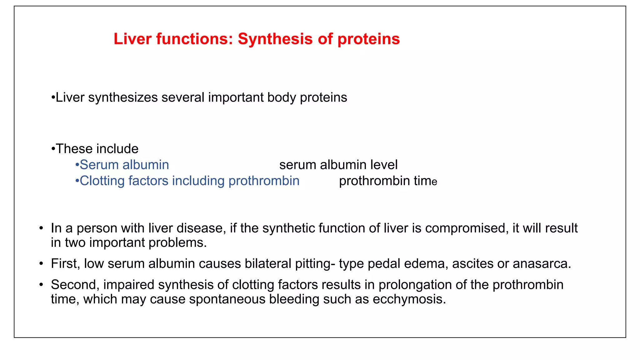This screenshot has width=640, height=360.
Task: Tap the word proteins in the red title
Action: click(x=368, y=39)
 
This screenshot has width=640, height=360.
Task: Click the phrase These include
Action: click(x=97, y=149)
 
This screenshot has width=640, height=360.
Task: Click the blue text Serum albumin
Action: click(x=124, y=165)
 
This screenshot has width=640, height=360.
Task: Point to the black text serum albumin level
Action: click(x=338, y=165)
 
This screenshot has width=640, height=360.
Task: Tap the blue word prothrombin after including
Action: click(x=264, y=181)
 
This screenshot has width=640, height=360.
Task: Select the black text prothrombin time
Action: click(x=388, y=181)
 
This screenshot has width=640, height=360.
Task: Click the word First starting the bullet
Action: click(x=64, y=263)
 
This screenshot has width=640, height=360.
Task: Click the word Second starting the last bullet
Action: click(x=75, y=285)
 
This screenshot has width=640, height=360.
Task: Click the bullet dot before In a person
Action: click(x=41, y=228)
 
